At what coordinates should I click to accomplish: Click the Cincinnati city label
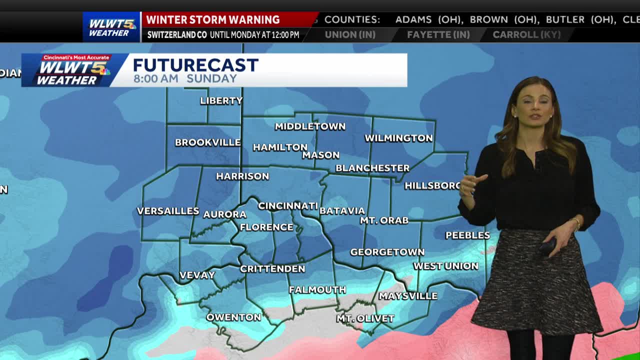tap(287, 206)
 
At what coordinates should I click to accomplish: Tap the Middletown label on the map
tap(310, 126)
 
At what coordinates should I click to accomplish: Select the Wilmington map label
tap(398, 138)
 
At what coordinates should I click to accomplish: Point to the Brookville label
tap(207, 142)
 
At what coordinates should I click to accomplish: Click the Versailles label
tap(168, 211)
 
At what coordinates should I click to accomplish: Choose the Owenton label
tap(233, 317)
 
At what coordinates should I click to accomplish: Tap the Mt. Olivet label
tap(365, 318)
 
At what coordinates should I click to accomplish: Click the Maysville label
tap(407, 296)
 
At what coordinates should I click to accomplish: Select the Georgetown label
tap(387, 252)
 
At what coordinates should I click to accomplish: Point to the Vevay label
tap(197, 275)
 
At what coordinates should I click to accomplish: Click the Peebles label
tap(467, 235)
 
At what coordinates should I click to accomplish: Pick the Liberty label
tap(221, 100)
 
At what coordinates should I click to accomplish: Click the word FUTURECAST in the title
tap(195, 65)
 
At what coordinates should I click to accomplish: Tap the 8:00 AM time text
tap(155, 78)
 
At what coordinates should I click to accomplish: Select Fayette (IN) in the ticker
tap(438, 34)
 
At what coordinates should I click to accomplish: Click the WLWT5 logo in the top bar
tap(111, 26)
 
